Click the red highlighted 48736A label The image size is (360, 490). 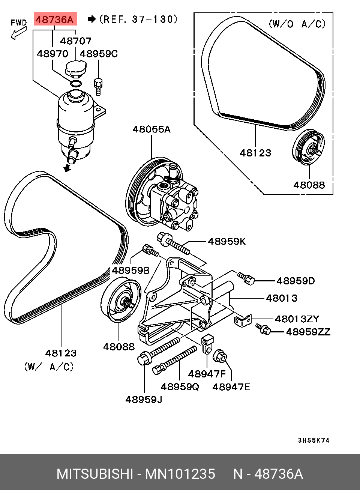pos(55,19)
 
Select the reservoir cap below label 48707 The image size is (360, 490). pos(76,68)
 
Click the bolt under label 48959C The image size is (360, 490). pos(98,87)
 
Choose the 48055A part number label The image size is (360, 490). pos(151,129)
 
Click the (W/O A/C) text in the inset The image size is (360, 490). pos(297,24)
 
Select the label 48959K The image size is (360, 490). pos(226,242)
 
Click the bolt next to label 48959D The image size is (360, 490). pos(246,278)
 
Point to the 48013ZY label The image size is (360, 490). pos(297,319)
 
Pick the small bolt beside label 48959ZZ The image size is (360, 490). pos(263,329)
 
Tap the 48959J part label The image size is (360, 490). pos(144,400)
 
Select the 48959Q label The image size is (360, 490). pos(180,387)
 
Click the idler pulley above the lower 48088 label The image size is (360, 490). pos(121,300)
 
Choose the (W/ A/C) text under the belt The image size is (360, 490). pos(49,367)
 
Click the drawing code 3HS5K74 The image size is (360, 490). pos(313,440)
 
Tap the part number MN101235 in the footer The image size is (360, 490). pos(180,474)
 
